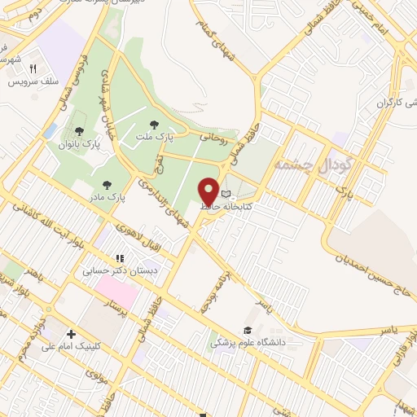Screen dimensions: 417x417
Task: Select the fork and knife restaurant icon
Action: click(33, 69)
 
